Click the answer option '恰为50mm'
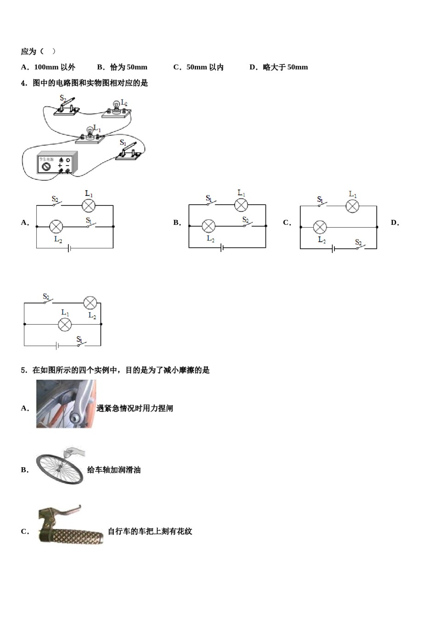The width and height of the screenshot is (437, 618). coord(128,67)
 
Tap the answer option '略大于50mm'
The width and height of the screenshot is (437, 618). coord(285,67)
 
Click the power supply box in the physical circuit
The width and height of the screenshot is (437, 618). coord(57,163)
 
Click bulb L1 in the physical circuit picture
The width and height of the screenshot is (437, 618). coord(90,133)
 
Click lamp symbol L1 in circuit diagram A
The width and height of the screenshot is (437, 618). coord(88,206)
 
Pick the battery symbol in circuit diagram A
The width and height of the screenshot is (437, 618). coord(69,248)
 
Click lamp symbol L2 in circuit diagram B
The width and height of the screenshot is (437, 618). coord(209,226)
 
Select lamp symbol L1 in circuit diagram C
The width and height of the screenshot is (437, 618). coord(352,206)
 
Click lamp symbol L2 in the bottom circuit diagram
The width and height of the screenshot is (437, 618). coord(90,303)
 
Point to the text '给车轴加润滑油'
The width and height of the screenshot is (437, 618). coord(114,470)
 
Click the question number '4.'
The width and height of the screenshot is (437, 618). coord(24,83)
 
